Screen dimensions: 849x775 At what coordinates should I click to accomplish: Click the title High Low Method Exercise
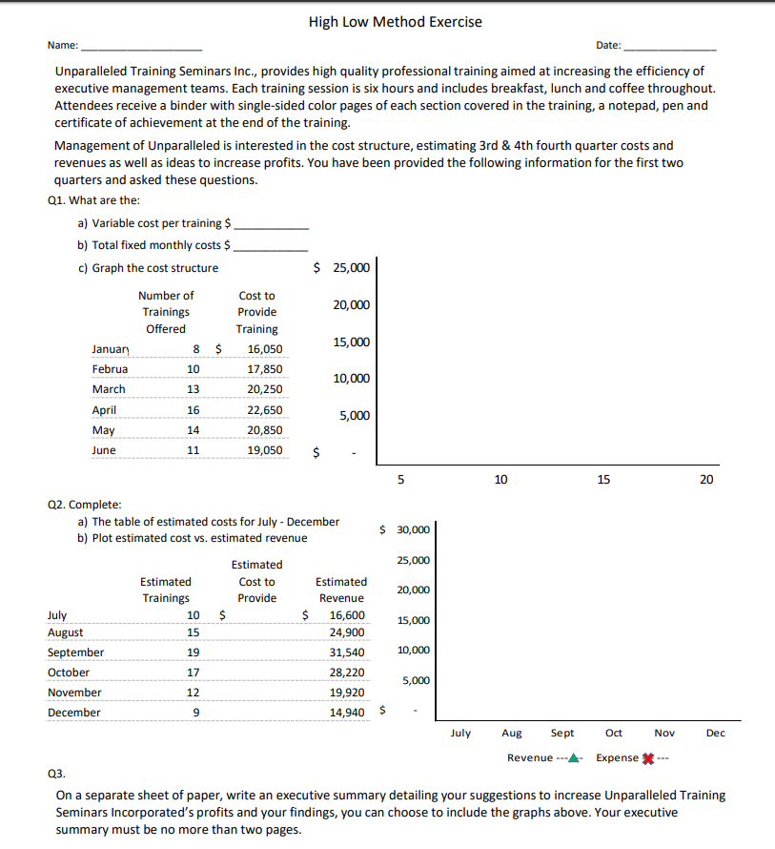click(395, 21)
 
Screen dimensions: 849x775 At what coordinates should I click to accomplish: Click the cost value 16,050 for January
click(264, 350)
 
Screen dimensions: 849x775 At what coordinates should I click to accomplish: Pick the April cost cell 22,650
click(264, 410)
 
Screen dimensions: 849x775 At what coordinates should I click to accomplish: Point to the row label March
click(109, 389)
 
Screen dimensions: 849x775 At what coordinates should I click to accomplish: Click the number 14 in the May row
click(192, 430)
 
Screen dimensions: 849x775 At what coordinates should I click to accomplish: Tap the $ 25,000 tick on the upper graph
click(341, 268)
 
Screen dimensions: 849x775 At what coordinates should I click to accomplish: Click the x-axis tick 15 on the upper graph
click(603, 479)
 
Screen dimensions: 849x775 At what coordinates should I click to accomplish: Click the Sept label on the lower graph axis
click(562, 733)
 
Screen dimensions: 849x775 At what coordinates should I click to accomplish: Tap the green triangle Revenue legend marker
click(574, 758)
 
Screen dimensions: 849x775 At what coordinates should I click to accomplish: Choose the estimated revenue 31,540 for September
click(346, 652)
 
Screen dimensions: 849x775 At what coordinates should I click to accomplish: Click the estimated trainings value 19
click(193, 652)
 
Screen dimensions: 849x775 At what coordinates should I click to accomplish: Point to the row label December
click(73, 713)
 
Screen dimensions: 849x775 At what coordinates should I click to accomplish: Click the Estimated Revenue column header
click(340, 590)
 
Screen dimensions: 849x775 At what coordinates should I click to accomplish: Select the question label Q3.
click(67, 776)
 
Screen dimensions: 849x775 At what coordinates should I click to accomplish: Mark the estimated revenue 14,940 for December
click(346, 713)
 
